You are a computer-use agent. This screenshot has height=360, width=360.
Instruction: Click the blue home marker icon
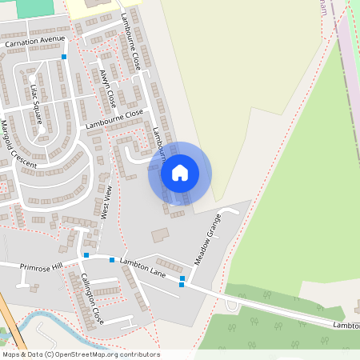[180, 173]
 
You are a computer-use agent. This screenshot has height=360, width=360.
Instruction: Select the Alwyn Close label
[107, 88]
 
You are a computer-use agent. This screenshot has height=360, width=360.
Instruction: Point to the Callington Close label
[92, 298]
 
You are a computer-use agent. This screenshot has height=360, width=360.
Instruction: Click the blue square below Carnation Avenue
[64, 57]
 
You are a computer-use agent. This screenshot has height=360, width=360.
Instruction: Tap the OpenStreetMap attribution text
[80, 354]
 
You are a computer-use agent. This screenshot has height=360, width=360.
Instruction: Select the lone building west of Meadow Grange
[161, 235]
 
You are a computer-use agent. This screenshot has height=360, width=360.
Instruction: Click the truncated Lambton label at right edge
[346, 326]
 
